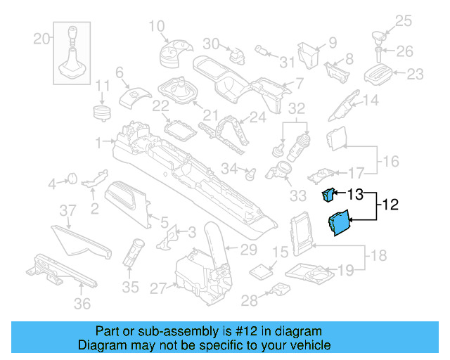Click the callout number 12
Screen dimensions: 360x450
coord(390,205)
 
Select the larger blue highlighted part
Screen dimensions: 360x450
coord(338,224)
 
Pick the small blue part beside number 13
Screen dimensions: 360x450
coord(328,194)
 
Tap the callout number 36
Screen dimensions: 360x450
coord(82,304)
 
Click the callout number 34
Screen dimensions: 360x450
coord(229,169)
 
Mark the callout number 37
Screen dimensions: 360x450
coord(67,210)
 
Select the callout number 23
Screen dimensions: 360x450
coord(416,73)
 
